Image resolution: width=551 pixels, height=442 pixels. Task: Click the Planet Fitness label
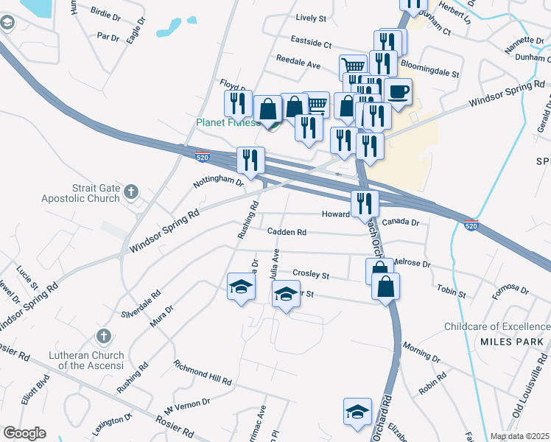(x=227, y=122)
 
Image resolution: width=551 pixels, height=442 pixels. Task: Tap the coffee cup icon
(x=398, y=93)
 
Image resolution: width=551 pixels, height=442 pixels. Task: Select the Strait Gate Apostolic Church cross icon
(x=131, y=193)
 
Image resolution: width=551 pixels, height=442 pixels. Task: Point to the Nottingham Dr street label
(x=218, y=180)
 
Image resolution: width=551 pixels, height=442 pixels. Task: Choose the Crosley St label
(x=310, y=273)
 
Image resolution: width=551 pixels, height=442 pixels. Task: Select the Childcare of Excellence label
(x=497, y=326)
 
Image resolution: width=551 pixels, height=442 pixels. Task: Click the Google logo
(x=24, y=433)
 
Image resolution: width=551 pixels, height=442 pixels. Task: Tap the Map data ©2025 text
(x=519, y=436)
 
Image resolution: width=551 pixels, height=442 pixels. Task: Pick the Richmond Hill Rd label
(x=203, y=373)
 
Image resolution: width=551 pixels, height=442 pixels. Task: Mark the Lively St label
(x=311, y=18)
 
